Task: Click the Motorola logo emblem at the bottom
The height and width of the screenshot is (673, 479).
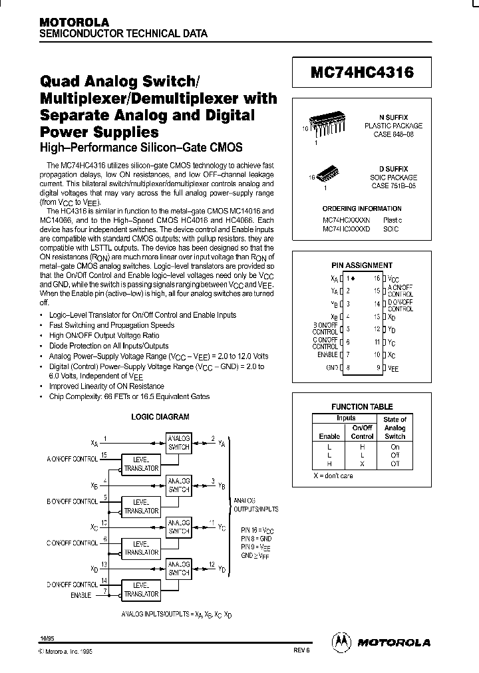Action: coord(341,641)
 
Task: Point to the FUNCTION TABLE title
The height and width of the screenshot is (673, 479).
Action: coord(362,406)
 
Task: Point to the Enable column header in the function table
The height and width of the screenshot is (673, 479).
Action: coord(329,436)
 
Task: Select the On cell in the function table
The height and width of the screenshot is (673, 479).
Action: coord(395,447)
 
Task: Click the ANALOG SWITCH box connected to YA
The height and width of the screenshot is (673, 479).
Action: coord(178,443)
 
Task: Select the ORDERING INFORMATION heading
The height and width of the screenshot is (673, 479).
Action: coord(362,208)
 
